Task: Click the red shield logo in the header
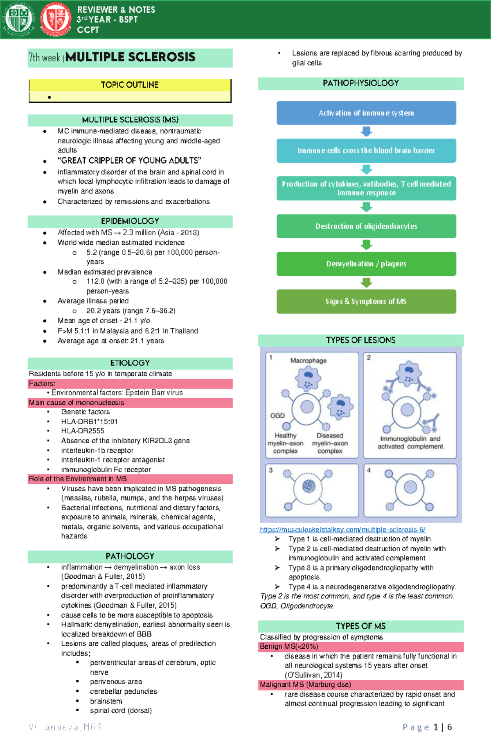(x=56, y=19)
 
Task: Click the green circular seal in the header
(x=18, y=19)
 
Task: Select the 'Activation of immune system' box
(x=366, y=113)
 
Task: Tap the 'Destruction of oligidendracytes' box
(x=366, y=226)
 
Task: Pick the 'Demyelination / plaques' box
(x=366, y=264)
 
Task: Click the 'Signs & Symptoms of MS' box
(x=366, y=301)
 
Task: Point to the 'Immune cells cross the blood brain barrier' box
(x=366, y=151)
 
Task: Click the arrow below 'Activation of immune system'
(x=366, y=131)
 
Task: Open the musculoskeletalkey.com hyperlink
(x=342, y=530)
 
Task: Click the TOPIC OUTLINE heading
(x=130, y=85)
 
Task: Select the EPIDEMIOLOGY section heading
(x=130, y=221)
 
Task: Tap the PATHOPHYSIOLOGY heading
(x=360, y=83)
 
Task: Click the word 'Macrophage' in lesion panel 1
(x=309, y=361)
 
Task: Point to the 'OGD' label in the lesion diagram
(x=277, y=415)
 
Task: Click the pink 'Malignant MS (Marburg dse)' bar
(x=305, y=685)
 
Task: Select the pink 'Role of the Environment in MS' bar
(x=78, y=479)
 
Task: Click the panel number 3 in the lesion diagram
(x=270, y=470)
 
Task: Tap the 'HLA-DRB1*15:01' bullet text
(x=89, y=422)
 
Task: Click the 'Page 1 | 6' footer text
(x=427, y=727)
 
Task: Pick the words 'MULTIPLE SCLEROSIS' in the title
(x=130, y=57)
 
